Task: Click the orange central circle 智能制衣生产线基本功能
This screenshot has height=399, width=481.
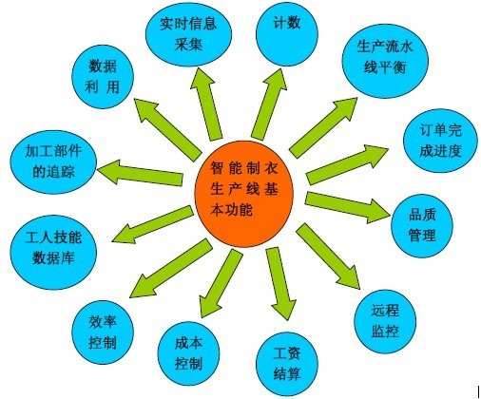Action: [243, 194]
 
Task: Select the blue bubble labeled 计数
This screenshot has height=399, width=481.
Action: [287, 34]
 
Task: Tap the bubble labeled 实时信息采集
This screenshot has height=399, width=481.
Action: [188, 34]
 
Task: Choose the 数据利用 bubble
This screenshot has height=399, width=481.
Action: [103, 77]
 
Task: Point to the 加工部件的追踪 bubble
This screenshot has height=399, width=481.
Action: [53, 161]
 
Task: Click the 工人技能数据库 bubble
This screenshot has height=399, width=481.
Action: [53, 252]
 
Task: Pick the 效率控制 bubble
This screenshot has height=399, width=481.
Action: [103, 332]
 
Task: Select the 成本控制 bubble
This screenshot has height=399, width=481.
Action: [188, 353]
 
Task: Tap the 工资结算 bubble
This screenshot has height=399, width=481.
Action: [287, 364]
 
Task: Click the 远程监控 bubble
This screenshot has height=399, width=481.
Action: [385, 321]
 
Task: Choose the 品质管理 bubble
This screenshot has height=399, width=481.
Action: [422, 226]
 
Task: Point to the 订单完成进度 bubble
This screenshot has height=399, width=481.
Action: [440, 141]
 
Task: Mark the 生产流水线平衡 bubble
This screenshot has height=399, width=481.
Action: [385, 61]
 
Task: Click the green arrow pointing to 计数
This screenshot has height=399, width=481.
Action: [270, 104]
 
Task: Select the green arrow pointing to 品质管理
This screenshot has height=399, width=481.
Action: [347, 207]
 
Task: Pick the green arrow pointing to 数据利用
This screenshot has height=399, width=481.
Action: [167, 129]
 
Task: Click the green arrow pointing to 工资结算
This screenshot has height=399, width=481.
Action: [281, 283]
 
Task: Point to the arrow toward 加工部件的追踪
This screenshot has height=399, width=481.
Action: [140, 173]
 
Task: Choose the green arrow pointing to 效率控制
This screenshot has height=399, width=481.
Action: [170, 269]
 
